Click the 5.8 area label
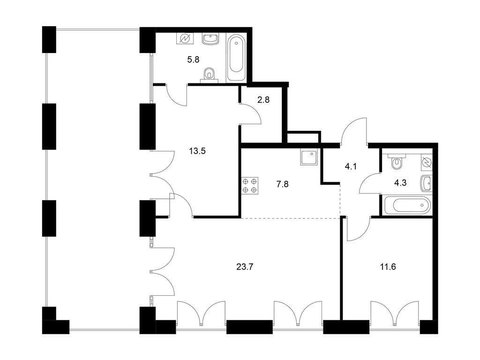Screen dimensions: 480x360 pyautogui.click(x=193, y=60)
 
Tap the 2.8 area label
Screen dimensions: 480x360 pyautogui.click(x=263, y=99)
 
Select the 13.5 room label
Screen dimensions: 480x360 pyautogui.click(x=197, y=151)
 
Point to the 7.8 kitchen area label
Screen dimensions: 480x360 pyautogui.click(x=282, y=184)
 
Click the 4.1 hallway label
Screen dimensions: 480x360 pyautogui.click(x=351, y=167)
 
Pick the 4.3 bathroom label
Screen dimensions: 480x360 pyautogui.click(x=400, y=183)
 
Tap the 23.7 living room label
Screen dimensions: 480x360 pyautogui.click(x=245, y=267)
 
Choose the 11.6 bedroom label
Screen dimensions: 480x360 pyautogui.click(x=388, y=267)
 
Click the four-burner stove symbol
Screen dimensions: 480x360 pyautogui.click(x=250, y=186)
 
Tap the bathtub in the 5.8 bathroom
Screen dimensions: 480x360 pyautogui.click(x=236, y=57)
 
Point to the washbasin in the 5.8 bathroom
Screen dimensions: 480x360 pyautogui.click(x=210, y=38)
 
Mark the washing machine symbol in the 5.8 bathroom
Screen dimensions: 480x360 pyautogui.click(x=185, y=38)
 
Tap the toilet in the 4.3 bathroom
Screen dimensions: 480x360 pyautogui.click(x=397, y=161)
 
